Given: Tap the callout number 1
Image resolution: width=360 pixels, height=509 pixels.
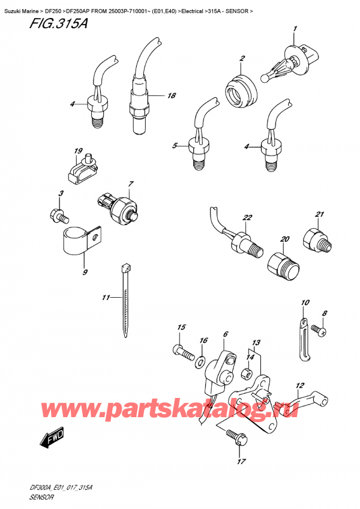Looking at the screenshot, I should coord(295,29).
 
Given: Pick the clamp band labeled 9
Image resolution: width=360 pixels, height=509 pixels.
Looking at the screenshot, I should coord(77,239).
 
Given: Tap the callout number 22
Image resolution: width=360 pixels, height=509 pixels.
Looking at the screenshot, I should coord(247,217).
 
